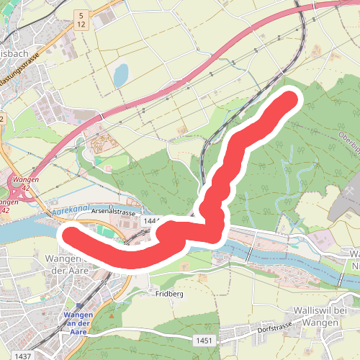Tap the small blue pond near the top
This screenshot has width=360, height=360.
120,73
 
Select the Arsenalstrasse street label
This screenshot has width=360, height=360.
114,214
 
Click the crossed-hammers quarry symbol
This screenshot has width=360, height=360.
195,215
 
